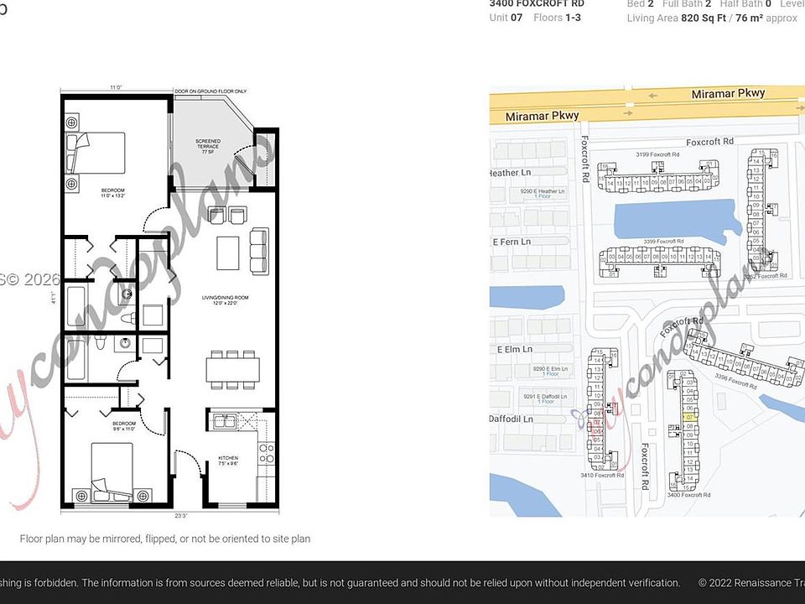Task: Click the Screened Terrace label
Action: click(x=207, y=143)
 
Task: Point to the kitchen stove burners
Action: click(x=267, y=453)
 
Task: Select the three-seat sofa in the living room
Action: click(x=258, y=251)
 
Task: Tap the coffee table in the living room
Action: click(x=228, y=253)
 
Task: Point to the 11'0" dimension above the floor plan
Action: click(x=116, y=87)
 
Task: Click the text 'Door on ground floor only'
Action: click(x=210, y=91)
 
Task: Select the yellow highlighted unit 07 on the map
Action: click(x=690, y=417)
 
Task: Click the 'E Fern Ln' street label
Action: click(x=512, y=242)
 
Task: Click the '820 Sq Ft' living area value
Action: click(x=709, y=18)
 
